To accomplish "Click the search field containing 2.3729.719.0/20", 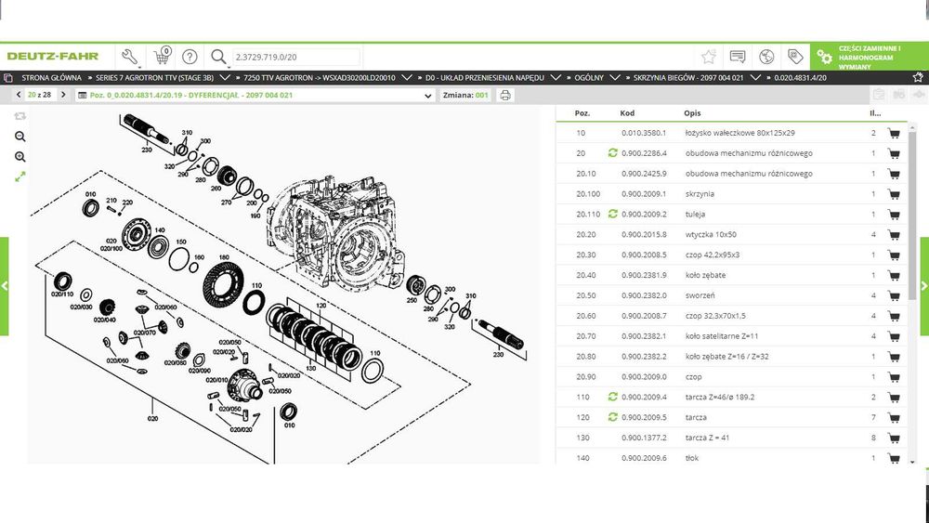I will pos(294,57).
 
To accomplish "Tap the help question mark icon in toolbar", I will pos(190,57).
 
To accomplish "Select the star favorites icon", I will pos(709,57).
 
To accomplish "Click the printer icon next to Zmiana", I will pos(505,95).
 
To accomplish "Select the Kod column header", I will pos(627,113).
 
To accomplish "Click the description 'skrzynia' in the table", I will pos(700,194).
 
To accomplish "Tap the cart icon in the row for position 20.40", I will pos(894,276).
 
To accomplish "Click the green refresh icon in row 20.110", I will pos(612,215).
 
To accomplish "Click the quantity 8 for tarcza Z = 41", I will pos(873,438).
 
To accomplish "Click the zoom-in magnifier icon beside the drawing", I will pos(20,156).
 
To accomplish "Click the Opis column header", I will pos(692,113).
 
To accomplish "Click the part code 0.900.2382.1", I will pos(644,336).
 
